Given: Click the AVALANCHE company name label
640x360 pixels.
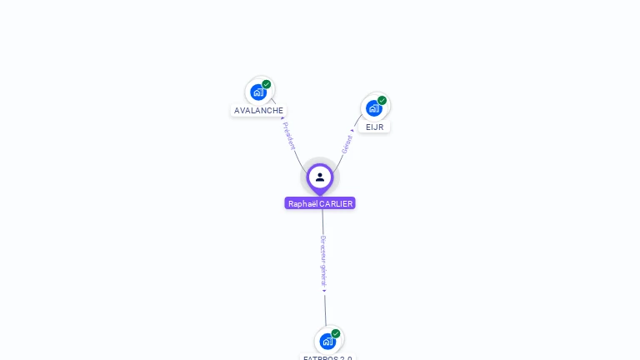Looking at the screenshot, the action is (258, 110).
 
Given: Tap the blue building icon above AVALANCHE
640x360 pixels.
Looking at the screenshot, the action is (257, 92).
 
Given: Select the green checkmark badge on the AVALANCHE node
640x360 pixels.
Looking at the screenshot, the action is (267, 84).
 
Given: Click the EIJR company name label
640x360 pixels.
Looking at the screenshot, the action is (374, 127).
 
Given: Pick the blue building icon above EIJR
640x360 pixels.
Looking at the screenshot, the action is (373, 108).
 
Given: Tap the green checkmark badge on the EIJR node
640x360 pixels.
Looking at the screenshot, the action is (382, 101).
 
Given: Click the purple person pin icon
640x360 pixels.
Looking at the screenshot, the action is (320, 177).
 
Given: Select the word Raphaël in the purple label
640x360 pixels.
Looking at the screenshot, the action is (302, 203).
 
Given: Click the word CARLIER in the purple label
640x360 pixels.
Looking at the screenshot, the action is (337, 203).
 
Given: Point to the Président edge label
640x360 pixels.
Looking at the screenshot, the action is (289, 137).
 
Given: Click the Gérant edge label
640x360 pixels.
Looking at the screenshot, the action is (347, 144).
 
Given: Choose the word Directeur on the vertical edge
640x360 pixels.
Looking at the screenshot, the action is (323, 249).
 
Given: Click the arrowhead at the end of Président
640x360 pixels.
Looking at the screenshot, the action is (282, 119).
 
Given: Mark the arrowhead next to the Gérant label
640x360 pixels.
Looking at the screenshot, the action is (352, 130).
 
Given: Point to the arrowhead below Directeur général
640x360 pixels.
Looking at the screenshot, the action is (325, 290).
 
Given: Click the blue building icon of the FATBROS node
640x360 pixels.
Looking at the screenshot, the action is (327, 341).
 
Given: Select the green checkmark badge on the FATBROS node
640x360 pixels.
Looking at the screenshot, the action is (336, 333).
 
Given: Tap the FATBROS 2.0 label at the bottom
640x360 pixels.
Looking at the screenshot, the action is (327, 357).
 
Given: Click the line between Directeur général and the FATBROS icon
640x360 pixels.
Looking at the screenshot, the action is (326, 308).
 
